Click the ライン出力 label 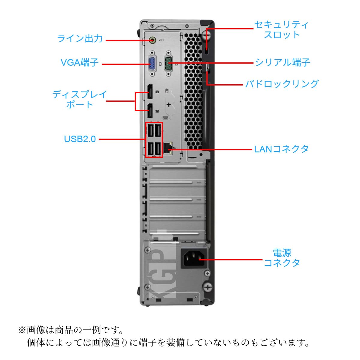coord(80,39)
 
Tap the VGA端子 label coord(79,62)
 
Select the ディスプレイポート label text coord(79,100)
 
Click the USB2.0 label coord(80,139)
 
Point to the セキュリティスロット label coord(281,30)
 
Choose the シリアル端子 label coord(282,62)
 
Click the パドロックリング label coord(282,84)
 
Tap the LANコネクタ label coord(281,149)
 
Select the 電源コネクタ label coord(282,258)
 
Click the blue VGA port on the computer coord(152,64)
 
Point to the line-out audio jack coord(153,40)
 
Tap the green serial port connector coord(169,63)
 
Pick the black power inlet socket coord(194,259)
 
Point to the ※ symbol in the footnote coord(22,330)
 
